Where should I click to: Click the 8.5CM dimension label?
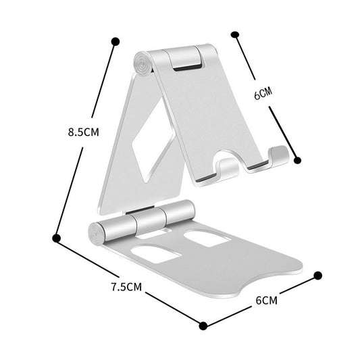point(83,132)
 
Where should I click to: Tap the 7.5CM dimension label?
point(126,286)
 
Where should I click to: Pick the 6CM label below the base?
point(267,299)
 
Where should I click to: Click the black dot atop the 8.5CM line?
point(116,41)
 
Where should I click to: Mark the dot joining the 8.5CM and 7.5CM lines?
point(57,237)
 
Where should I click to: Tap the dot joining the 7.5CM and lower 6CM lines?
point(203,326)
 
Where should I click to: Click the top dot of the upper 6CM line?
point(235,34)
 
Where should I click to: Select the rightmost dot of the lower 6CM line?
point(318,276)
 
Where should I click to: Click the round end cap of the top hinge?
point(143,66)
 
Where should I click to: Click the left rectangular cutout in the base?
point(155,254)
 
